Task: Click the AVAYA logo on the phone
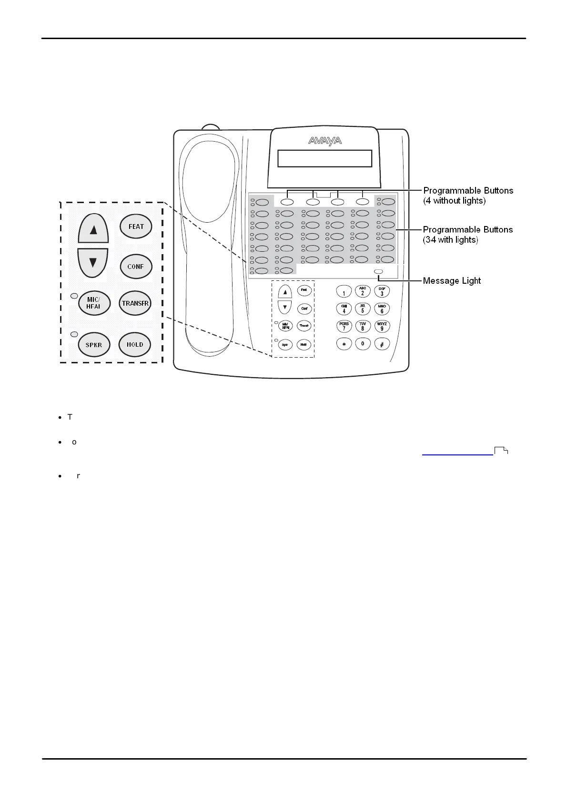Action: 325,141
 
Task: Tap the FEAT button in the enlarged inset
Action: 136,226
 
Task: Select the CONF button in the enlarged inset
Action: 136,267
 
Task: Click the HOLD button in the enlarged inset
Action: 135,344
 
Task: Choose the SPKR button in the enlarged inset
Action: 94,345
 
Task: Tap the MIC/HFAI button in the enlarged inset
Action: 93,303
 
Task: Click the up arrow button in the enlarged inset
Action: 93,229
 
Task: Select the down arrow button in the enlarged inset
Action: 93,262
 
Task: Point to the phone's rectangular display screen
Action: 324,158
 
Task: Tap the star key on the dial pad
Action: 344,344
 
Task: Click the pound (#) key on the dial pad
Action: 382,344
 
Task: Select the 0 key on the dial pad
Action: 363,343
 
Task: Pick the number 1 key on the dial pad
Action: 344,291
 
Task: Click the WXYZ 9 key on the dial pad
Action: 382,326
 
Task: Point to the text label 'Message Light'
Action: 452,281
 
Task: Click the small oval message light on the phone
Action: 378,271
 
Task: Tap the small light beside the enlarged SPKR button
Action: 74,334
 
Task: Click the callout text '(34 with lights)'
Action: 450,240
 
